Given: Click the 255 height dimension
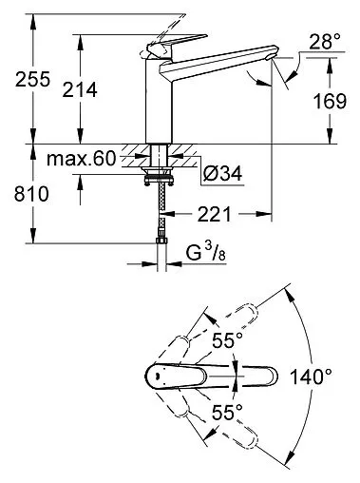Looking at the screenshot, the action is click(x=32, y=79).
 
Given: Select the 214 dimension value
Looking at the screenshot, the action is click(x=80, y=89).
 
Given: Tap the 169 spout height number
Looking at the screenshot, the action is click(x=330, y=102).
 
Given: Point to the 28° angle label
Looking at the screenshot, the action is click(x=325, y=42).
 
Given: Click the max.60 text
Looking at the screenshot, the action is click(x=82, y=159).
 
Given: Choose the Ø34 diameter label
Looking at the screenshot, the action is click(x=222, y=173).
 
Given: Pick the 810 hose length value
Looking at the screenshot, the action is click(x=31, y=194).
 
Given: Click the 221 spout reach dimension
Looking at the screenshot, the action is click(x=215, y=214).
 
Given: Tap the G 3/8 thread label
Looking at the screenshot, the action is click(x=206, y=254).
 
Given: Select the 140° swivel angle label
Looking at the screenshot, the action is click(x=312, y=377).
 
